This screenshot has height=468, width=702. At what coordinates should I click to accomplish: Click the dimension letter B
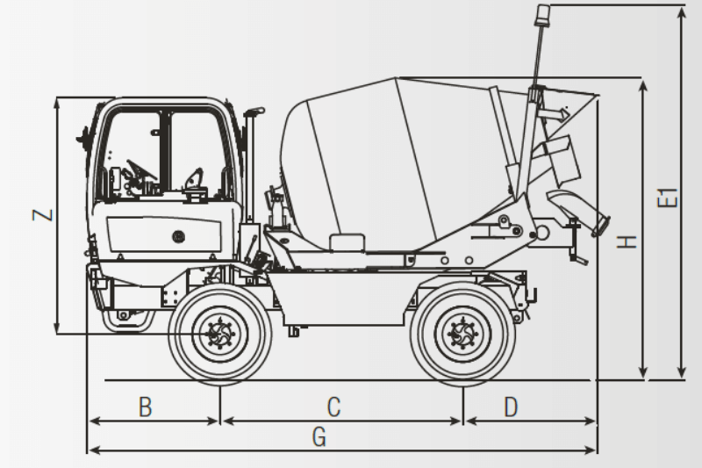click(x=146, y=407)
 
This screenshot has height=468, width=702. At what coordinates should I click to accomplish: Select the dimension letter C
click(x=333, y=407)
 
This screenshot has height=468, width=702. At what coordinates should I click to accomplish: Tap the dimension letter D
click(x=512, y=407)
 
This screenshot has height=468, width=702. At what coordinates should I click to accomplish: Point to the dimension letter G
click(x=319, y=436)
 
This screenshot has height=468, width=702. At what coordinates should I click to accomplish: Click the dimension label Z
click(x=43, y=214)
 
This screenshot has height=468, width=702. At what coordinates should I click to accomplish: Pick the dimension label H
click(x=627, y=239)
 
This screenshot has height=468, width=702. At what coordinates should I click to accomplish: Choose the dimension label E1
click(x=670, y=198)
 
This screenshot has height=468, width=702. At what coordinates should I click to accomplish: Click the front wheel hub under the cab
click(x=218, y=335)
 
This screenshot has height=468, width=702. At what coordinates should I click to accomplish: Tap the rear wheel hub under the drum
click(x=462, y=334)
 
